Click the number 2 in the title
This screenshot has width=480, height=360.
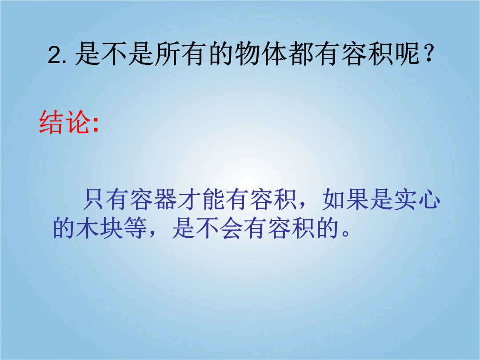(55, 56)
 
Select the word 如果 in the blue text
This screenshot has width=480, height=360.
(345, 199)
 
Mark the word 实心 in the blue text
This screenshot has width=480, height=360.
(416, 199)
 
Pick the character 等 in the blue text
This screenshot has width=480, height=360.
(135, 228)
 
